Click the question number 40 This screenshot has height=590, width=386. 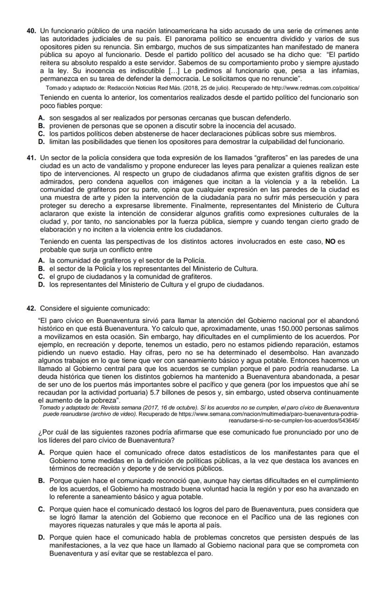pyautogui.click(x=31, y=31)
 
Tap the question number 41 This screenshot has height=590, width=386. pyautogui.click(x=31, y=157)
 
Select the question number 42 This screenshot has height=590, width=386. pyautogui.click(x=31, y=308)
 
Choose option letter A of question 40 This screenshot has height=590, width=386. pyautogui.click(x=41, y=118)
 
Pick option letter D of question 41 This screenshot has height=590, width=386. pyautogui.click(x=41, y=284)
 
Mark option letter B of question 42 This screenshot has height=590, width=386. pyautogui.click(x=41, y=480)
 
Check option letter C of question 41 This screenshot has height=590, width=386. pyautogui.click(x=41, y=276)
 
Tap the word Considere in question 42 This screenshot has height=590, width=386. pyautogui.click(x=56, y=308)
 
